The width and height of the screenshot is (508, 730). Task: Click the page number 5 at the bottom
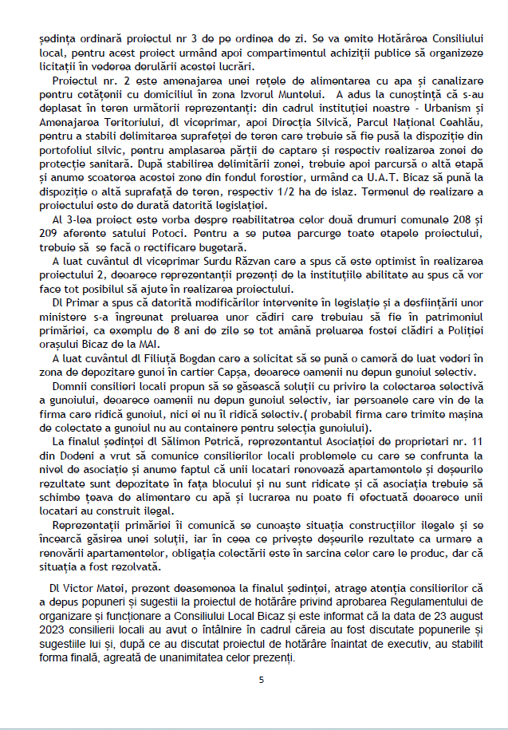[x=262, y=680]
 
